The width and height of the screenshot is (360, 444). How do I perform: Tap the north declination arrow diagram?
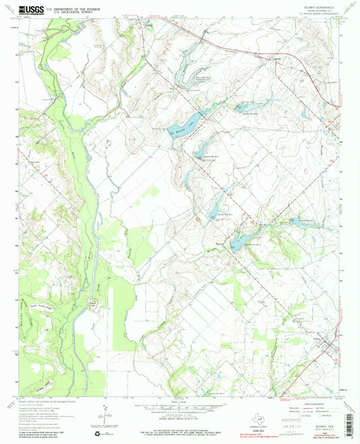point(105,414)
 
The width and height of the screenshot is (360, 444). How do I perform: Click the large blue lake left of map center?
point(189,122)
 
